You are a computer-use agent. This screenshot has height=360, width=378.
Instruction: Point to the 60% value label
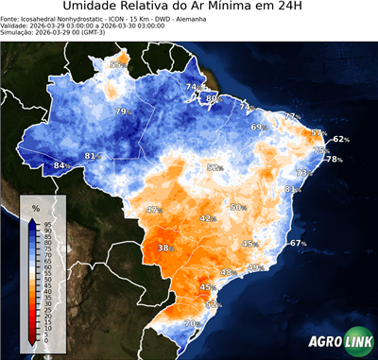click(238, 207)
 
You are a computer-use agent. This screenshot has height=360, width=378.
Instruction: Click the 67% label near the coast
click(299, 243)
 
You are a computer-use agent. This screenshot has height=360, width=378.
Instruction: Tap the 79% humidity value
click(122, 112)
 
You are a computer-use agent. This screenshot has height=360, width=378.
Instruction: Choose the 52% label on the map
click(215, 167)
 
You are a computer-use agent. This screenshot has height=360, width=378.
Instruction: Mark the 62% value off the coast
click(340, 139)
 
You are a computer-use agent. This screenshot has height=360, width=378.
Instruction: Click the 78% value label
click(334, 160)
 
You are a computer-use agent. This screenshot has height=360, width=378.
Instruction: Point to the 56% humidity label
click(213, 304)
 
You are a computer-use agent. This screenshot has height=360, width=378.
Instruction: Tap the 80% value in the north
click(213, 98)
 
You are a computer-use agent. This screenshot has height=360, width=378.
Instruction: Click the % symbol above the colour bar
click(35, 207)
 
